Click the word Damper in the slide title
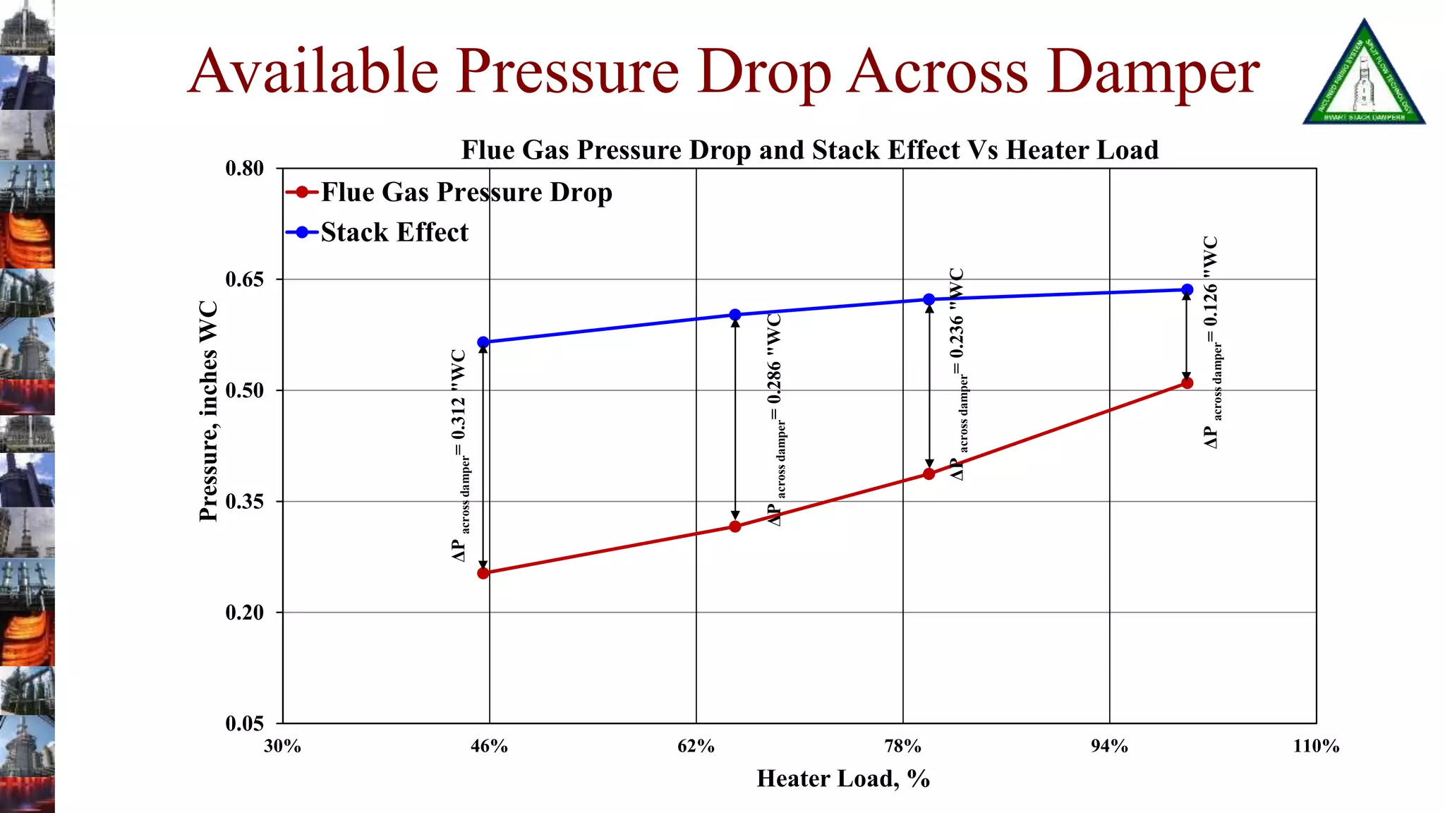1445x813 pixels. [1152, 72]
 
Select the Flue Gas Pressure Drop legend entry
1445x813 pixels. [466, 192]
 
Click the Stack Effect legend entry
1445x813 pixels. [394, 232]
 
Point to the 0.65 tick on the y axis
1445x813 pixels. [244, 279]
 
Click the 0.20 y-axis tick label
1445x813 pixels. [244, 613]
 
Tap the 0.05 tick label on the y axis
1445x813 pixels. [244, 723]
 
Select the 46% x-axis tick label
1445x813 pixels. [489, 746]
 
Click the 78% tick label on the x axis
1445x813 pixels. [902, 746]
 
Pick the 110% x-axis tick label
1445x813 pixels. [1316, 746]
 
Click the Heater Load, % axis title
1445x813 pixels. [843, 778]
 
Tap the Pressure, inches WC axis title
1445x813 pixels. [208, 411]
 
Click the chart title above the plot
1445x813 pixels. [809, 150]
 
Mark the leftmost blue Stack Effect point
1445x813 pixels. [483, 342]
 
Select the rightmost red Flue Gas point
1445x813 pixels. [1187, 383]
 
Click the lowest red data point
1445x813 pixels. [483, 573]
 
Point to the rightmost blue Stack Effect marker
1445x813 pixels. [1187, 289]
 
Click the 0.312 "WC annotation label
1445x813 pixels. [459, 455]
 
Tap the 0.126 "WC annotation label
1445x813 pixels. [1211, 342]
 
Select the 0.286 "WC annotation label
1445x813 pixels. [775, 419]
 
